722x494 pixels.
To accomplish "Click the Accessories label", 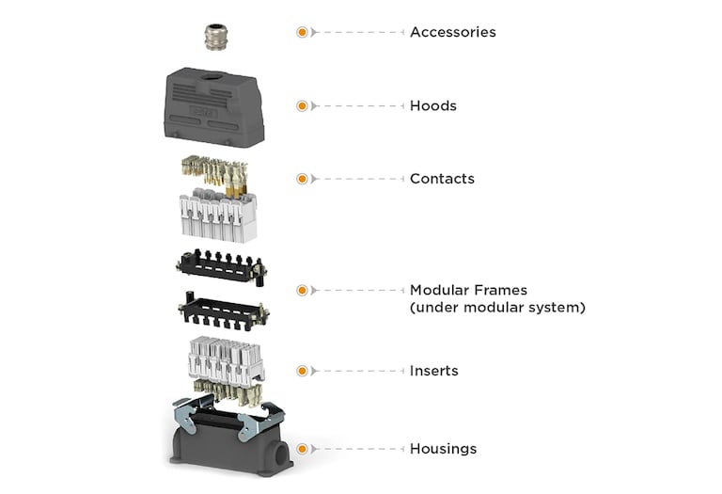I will pos(452,32).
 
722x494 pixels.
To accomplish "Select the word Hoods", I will pos(432,105).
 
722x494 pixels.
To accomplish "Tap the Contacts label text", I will pos(442,179).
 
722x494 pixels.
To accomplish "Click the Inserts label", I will pos(433,371).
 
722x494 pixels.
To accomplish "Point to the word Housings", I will pos(443,449).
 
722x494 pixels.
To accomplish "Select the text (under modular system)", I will pos(496,308).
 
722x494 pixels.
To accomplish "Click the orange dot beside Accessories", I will pos(302,32).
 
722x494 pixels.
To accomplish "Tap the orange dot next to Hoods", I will pos(302,105).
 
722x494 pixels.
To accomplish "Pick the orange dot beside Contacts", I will pos(302,179).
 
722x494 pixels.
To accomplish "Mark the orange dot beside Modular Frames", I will pos(302,290).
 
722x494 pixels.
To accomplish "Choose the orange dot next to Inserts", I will pos(302,371).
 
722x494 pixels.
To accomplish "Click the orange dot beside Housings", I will pos(302,449).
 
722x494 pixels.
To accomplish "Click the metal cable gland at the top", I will pos(217,38).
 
